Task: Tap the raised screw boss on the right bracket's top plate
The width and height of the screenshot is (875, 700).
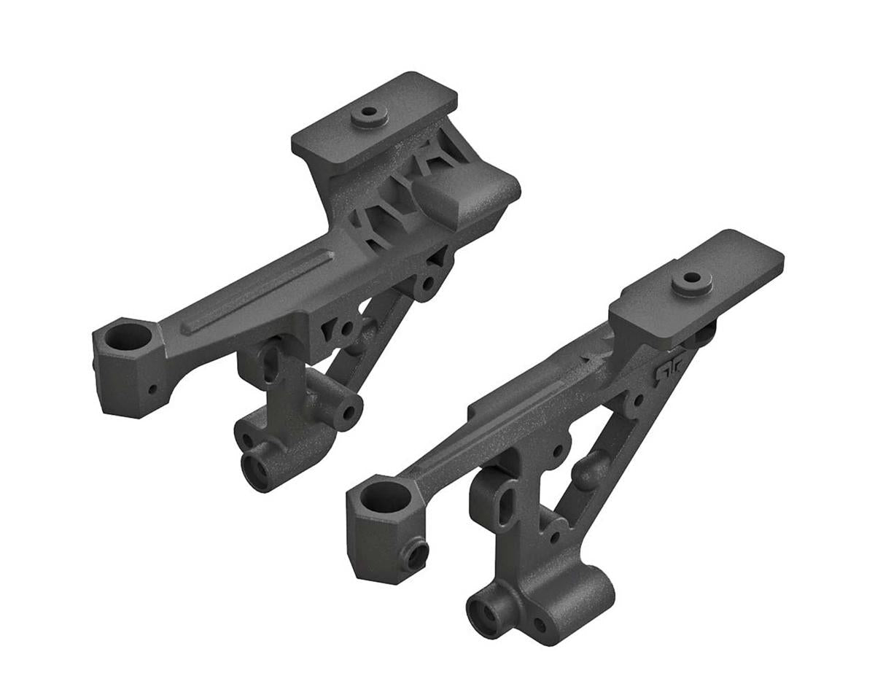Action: (689, 281)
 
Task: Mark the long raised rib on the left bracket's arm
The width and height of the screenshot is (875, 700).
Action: (255, 292)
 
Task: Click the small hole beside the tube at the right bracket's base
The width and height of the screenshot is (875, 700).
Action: (539, 625)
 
